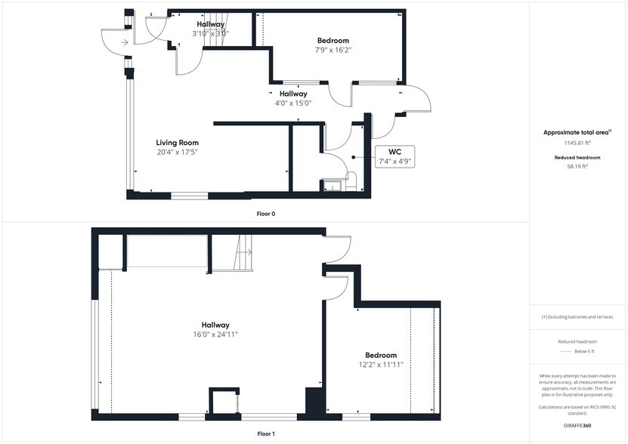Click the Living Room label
177,142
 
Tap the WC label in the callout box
394,151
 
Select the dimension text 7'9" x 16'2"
333,50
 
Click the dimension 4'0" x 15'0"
293,103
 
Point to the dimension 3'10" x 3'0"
210,33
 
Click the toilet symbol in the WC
350,180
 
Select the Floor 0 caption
266,214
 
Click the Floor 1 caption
266,434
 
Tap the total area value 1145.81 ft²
578,143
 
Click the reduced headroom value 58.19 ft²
578,167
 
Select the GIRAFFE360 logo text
578,427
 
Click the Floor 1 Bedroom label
381,355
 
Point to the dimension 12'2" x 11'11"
381,365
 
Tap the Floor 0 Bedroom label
333,40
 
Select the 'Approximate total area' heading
577,132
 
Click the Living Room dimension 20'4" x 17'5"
177,152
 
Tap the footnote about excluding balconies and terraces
578,317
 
